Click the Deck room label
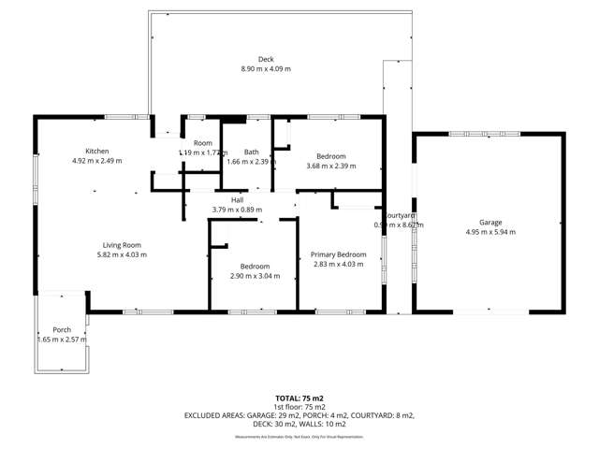[266, 58]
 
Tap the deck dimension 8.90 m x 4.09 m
[266, 68]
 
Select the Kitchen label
[97, 151]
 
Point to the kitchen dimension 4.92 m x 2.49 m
[97, 161]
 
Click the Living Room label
[124, 244]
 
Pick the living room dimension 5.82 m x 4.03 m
[124, 254]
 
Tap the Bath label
[252, 152]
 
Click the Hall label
[238, 199]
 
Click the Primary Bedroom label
[338, 254]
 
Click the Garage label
[490, 222]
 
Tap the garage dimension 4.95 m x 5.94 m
[490, 232]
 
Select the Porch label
[62, 329]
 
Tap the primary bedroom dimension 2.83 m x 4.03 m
[338, 265]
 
